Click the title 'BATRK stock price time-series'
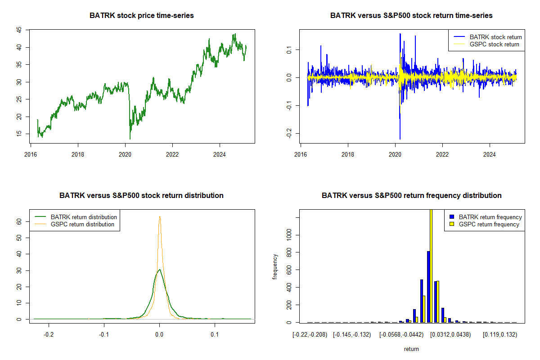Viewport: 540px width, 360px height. [x=142, y=15]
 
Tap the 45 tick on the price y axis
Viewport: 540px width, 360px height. [x=19, y=30]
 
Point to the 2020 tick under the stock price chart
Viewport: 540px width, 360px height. [x=125, y=152]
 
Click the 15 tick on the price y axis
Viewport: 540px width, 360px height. [x=19, y=134]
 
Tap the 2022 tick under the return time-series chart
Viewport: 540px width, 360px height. [x=442, y=152]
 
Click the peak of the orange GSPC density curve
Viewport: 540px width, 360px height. [x=159, y=217]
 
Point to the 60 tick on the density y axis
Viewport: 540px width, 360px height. [x=19, y=221]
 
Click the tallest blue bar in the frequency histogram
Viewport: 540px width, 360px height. [x=428, y=288]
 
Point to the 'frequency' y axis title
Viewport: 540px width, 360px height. [x=275, y=266]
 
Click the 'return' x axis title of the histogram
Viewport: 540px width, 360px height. [x=411, y=349]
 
